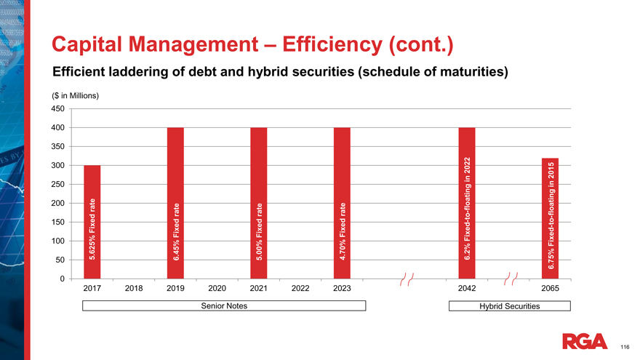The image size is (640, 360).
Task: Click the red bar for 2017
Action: (92, 222)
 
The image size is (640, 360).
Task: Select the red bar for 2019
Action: (175, 203)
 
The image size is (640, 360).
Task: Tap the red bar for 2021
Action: (259, 203)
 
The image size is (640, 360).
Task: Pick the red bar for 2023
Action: (342, 203)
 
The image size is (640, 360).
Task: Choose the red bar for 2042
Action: (467, 203)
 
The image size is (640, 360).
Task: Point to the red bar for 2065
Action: (550, 218)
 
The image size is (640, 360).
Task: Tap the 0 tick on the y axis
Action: (63, 279)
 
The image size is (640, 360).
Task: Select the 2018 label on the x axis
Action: (134, 289)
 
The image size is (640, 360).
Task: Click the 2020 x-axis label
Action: (217, 289)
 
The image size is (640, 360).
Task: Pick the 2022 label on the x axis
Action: (300, 289)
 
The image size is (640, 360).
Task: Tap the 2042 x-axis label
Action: (467, 289)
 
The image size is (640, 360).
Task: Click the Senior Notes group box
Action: (224, 306)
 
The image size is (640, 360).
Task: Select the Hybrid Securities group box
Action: (509, 306)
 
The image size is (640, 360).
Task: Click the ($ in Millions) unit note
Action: (75, 96)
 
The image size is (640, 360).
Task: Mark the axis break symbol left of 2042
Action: (406, 280)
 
